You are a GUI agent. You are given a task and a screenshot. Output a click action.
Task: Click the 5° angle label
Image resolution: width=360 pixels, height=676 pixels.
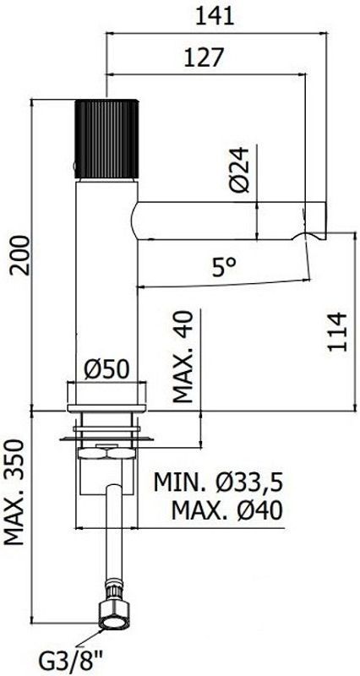tap(223, 269)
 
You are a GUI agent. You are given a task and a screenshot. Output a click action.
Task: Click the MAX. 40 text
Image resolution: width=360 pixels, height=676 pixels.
tap(185, 357)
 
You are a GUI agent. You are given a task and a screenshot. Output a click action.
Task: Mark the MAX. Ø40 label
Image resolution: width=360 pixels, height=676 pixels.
tap(226, 510)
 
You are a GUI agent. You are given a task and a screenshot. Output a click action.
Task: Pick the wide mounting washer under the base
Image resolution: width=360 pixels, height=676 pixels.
tap(108, 438)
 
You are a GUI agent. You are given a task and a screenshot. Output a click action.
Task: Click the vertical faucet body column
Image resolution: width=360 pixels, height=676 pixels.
tap(108, 279)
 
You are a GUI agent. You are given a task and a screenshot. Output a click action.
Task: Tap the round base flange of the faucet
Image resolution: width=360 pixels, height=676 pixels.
tap(108, 394)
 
